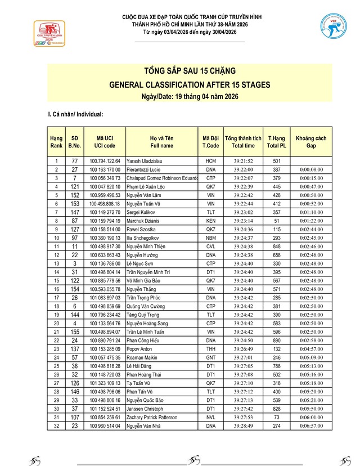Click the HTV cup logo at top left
coord(47,32)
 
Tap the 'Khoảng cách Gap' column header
coord(311,141)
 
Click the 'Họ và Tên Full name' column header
coord(161,141)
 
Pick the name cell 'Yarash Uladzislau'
coord(144,161)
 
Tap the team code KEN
coord(211,220)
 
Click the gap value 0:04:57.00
coord(311,348)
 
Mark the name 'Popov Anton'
coord(140,348)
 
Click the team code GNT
coord(211,357)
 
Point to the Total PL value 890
coord(277,340)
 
